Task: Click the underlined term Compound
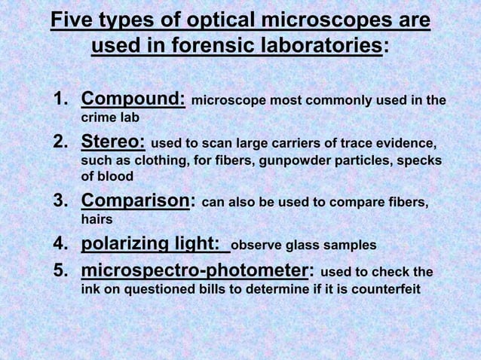(133, 99)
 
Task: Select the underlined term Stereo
(113, 142)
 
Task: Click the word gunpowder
(293, 161)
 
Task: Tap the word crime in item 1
(98, 118)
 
